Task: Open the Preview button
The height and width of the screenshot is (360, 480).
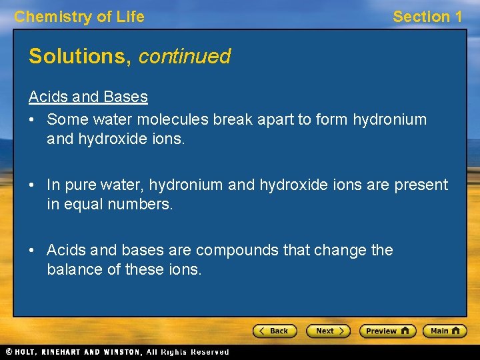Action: tap(387, 331)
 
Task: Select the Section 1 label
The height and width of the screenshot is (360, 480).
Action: tap(427, 17)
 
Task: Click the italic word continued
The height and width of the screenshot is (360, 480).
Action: tap(184, 57)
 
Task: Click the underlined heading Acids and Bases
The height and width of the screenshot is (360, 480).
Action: tap(88, 97)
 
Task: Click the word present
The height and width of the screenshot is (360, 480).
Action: tap(423, 185)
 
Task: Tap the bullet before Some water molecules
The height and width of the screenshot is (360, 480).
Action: tap(33, 120)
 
